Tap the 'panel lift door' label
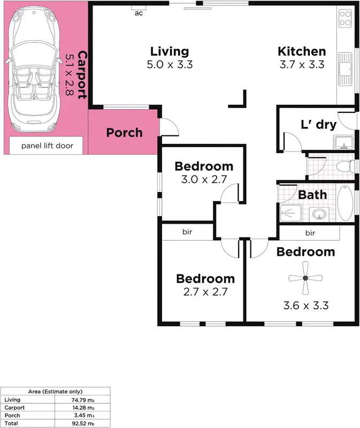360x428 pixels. pyautogui.click(x=47, y=146)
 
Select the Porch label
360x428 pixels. pyautogui.click(x=124, y=132)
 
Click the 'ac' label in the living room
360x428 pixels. pyautogui.click(x=139, y=13)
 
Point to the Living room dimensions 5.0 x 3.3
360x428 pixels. pyautogui.click(x=170, y=65)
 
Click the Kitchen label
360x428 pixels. pyautogui.click(x=302, y=51)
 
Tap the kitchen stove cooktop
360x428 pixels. pyautogui.click(x=345, y=19)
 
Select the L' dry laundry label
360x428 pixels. pyautogui.click(x=318, y=125)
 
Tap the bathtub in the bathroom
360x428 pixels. pyautogui.click(x=346, y=203)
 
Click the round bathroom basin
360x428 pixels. pyautogui.click(x=319, y=213)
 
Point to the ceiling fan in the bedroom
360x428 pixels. pyautogui.click(x=305, y=278)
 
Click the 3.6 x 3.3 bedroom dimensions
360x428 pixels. pyautogui.click(x=305, y=305)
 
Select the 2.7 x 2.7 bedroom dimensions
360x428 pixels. pyautogui.click(x=205, y=292)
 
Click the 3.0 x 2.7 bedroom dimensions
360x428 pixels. pyautogui.click(x=204, y=180)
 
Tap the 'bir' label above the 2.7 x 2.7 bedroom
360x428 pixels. pyautogui.click(x=187, y=232)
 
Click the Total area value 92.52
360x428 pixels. pyautogui.click(x=86, y=423)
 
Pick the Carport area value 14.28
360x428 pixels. pyautogui.click(x=86, y=408)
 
